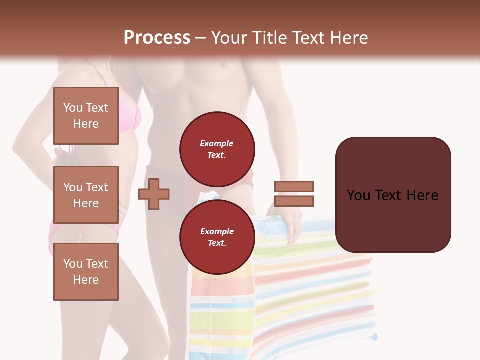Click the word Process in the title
tap(157, 38)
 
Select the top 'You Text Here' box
tap(86, 116)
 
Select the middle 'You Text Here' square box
tap(86, 195)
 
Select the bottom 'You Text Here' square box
tap(86, 272)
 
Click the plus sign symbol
tap(154, 193)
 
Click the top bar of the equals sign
tap(294, 187)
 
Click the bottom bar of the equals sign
tap(294, 201)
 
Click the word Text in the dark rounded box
tap(394, 195)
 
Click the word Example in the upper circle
tap(217, 143)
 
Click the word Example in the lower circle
tap(217, 231)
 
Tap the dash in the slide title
tap(201, 38)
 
